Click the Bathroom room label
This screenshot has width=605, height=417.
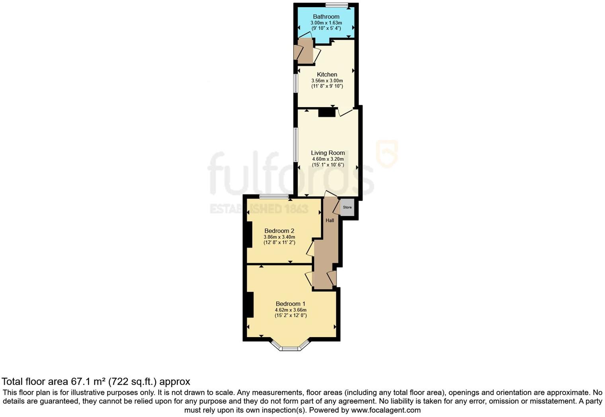click(x=326, y=17)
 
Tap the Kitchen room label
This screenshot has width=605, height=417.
click(x=327, y=74)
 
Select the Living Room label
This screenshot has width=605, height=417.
click(x=328, y=153)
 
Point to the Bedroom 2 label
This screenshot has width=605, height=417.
click(x=279, y=231)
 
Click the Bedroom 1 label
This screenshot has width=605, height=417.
click(x=291, y=304)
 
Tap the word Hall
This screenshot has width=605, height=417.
click(x=330, y=220)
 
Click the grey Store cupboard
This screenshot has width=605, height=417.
click(x=347, y=208)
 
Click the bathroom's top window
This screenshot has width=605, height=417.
click(x=337, y=5)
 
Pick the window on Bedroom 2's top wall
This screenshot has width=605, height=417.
click(x=274, y=196)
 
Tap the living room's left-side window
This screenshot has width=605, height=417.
click(x=296, y=144)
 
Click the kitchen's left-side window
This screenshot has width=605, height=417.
click(x=296, y=84)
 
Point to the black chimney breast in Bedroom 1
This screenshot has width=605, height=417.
click(x=250, y=305)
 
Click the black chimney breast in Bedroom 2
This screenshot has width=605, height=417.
click(x=248, y=235)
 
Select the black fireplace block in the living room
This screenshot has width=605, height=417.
click(x=327, y=113)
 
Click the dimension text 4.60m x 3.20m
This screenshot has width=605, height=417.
click(x=328, y=159)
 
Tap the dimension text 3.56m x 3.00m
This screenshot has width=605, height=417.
click(x=327, y=80)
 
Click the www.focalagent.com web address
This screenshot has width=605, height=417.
click(x=386, y=410)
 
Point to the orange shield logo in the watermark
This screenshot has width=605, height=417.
click(x=387, y=153)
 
